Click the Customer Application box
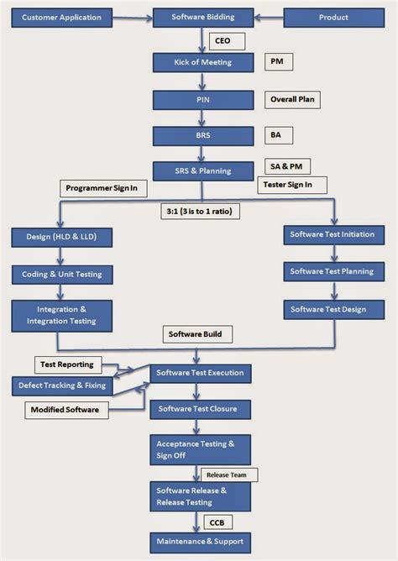tap(60, 17)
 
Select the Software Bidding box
tap(202, 17)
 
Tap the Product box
tap(333, 17)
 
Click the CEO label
tap(223, 39)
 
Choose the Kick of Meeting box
tap(202, 62)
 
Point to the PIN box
tap(202, 99)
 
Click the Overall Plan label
tap(293, 99)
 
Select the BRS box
tap(202, 134)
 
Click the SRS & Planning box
tap(202, 170)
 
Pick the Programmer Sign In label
tap(101, 188)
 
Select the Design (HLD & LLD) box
tap(62, 238)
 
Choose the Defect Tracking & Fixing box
tap(60, 385)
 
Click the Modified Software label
tap(65, 410)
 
